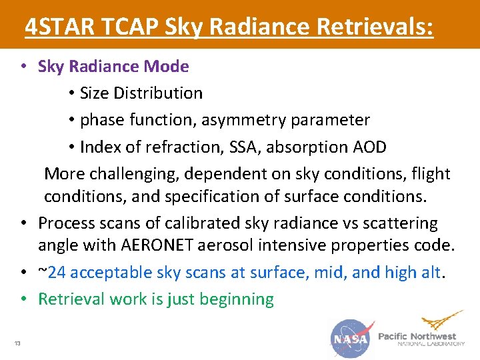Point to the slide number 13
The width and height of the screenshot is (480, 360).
pos(17,343)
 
